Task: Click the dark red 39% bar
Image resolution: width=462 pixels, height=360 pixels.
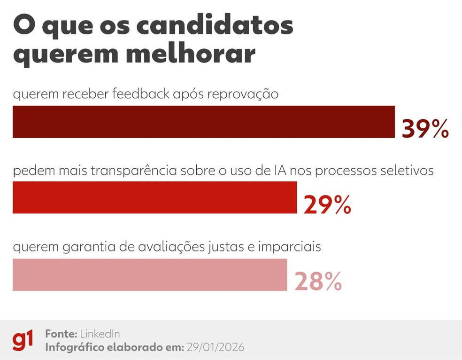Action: coord(203,122)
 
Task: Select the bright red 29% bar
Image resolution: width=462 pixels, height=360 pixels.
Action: coord(154,197)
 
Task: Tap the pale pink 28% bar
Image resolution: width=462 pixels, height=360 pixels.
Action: coord(149,274)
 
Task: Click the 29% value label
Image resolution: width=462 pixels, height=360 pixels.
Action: coord(327,204)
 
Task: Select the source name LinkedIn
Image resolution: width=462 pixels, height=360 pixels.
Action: coord(100,334)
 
